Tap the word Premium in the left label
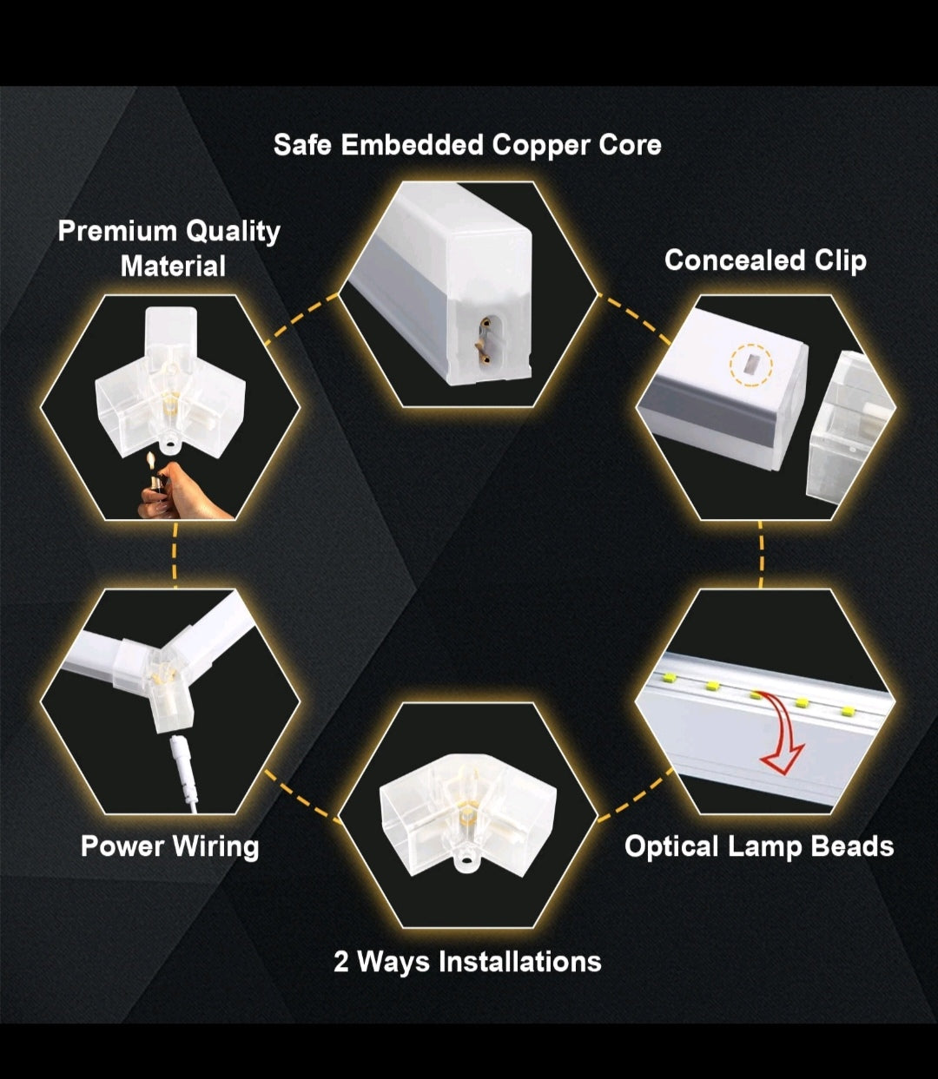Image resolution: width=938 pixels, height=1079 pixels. pyautogui.click(x=117, y=231)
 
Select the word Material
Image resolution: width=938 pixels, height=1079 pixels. pyautogui.click(x=173, y=266)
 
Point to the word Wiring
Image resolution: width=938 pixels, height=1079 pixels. pyautogui.click(x=215, y=847)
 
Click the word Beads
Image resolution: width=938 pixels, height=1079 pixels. pyautogui.click(x=852, y=845)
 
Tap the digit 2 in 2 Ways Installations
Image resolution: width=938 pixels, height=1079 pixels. pyautogui.click(x=340, y=962)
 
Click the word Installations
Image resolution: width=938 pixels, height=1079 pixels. pyautogui.click(x=520, y=961)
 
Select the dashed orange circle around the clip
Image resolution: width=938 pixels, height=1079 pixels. pyautogui.click(x=750, y=365)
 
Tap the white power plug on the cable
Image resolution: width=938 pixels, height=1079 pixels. pyautogui.click(x=181, y=758)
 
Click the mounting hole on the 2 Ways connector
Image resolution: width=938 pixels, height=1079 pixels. pyautogui.click(x=466, y=864)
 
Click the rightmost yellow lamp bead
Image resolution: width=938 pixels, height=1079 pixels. pyautogui.click(x=847, y=710)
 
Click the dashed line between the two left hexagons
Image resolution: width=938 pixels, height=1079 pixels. pyautogui.click(x=175, y=555)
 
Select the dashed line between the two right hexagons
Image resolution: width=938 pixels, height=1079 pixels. pyautogui.click(x=761, y=555)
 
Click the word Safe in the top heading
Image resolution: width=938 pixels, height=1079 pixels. pyautogui.click(x=303, y=144)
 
